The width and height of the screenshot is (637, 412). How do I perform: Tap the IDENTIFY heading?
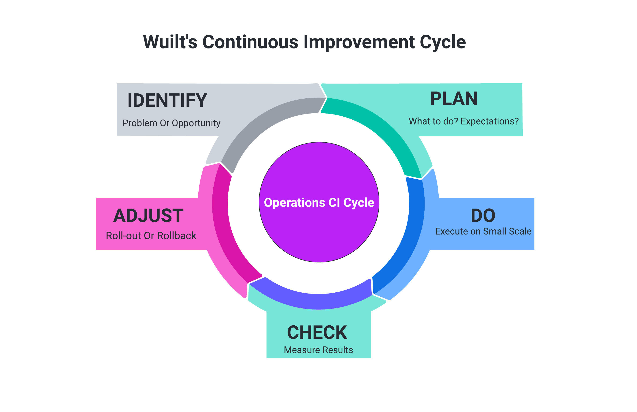click(x=167, y=100)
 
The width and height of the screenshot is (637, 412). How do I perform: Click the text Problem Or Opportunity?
click(x=171, y=123)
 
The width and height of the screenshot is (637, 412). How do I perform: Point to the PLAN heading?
click(x=453, y=99)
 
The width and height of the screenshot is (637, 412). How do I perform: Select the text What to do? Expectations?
click(x=463, y=121)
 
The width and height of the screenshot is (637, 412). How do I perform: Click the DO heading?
click(x=483, y=215)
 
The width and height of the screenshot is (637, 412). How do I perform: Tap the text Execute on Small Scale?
click(x=483, y=231)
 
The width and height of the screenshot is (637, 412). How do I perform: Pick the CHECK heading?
click(x=317, y=333)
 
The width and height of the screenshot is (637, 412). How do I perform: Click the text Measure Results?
click(x=318, y=350)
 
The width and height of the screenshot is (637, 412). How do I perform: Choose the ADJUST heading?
click(x=148, y=215)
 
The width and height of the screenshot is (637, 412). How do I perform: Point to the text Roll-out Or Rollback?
click(x=151, y=236)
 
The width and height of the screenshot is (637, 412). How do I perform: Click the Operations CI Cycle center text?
click(x=319, y=202)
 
